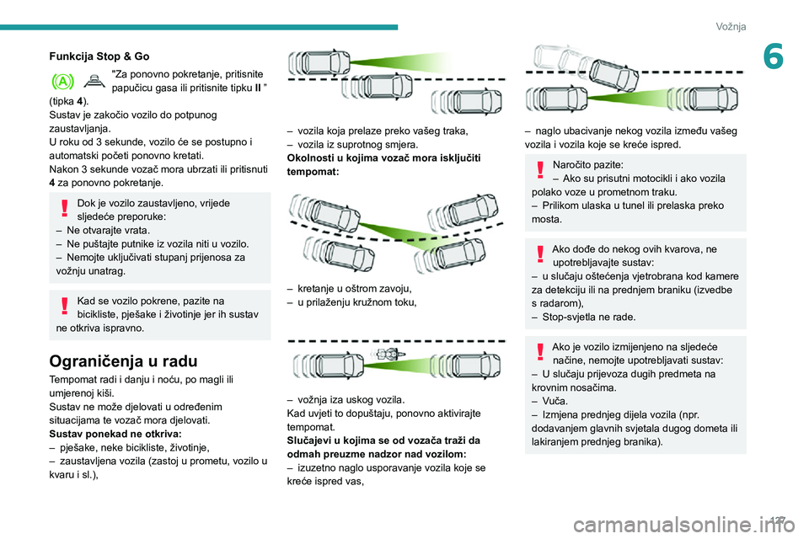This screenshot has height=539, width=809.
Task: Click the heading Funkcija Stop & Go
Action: (x=99, y=56)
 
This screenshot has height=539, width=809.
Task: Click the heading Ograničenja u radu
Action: (x=123, y=361)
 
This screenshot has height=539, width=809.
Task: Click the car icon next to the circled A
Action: (x=95, y=80)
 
